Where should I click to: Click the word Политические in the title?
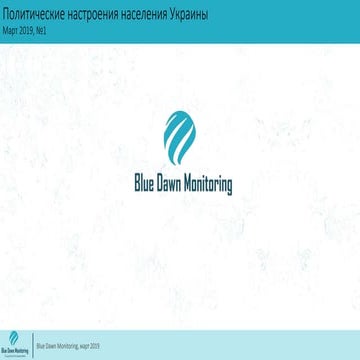tap(36, 19)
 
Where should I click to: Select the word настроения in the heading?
tap(104, 19)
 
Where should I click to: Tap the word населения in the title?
tap(165, 19)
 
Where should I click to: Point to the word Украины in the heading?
tap(218, 19)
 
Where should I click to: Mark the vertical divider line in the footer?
tap(32, 343)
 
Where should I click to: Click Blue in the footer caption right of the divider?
tap(41, 345)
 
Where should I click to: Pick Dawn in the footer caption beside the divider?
tap(52, 345)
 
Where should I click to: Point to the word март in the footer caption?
tap(88, 345)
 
